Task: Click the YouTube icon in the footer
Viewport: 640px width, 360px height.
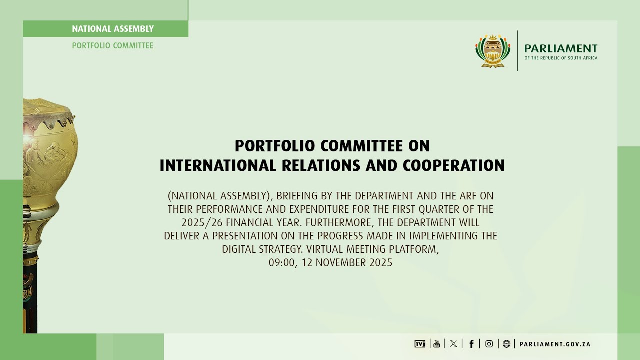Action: coord(436,344)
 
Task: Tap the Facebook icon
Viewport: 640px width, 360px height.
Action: coord(471,344)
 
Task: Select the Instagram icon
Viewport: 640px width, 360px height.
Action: coord(489,344)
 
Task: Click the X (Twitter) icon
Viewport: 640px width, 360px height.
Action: coord(453,344)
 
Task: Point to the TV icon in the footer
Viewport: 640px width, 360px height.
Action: coord(419,344)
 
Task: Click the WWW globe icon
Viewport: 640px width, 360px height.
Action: coord(506,344)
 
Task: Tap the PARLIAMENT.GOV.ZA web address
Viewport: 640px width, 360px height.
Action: coord(555,344)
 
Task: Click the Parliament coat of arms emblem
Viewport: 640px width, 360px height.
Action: coord(493,51)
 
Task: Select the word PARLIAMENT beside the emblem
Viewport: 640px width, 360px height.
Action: coord(560,48)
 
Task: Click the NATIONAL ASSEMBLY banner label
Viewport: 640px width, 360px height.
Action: coord(113,29)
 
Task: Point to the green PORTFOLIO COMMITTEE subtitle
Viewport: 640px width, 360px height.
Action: coord(113,45)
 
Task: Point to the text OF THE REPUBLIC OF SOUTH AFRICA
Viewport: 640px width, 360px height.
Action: coord(560,58)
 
